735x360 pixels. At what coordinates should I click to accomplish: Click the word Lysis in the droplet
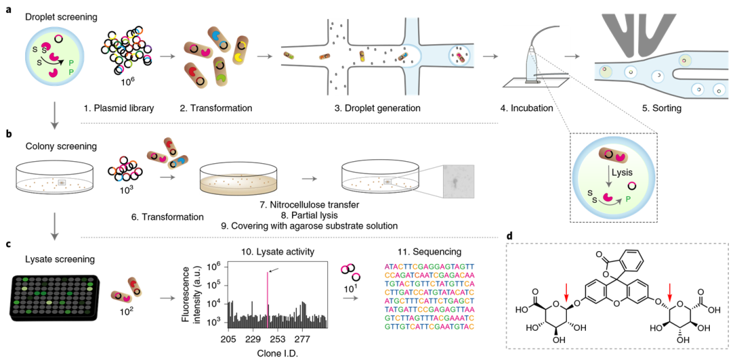pos(621,172)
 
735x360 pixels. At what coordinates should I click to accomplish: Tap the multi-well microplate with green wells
pos(54,297)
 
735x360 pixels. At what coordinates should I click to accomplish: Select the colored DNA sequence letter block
pos(429,297)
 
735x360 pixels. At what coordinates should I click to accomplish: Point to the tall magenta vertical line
pos(267,299)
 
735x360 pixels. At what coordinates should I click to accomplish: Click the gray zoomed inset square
pos(458,182)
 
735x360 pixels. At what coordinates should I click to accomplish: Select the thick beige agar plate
pos(239,184)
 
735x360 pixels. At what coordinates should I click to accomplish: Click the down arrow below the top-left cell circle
pos(55,116)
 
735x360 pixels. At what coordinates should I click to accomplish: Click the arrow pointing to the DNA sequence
pos(351,298)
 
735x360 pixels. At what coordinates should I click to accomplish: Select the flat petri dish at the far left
pos(54,184)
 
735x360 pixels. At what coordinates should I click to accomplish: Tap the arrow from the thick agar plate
pos(310,179)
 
